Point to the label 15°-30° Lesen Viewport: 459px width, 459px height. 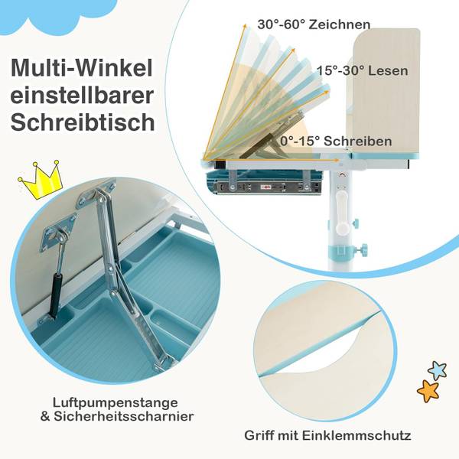[x=362, y=70]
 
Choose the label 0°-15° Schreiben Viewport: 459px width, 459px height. [x=336, y=142]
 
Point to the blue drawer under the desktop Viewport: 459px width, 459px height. [x=264, y=183]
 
